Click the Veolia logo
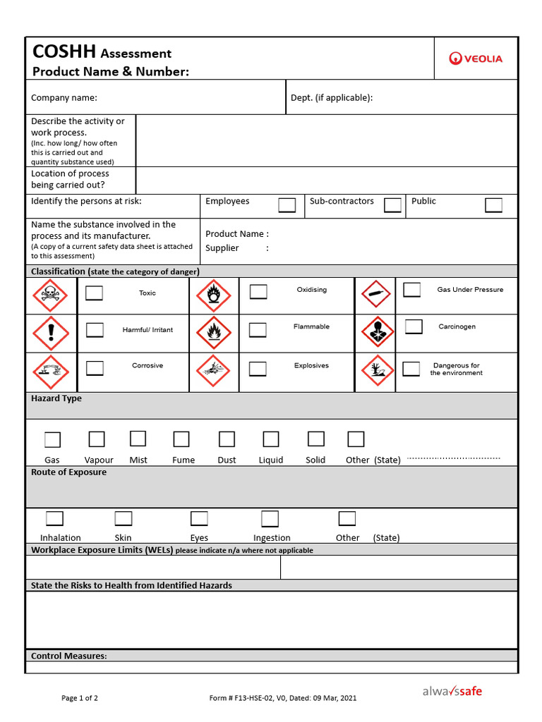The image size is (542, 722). (x=476, y=59)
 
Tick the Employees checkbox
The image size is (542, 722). (x=287, y=205)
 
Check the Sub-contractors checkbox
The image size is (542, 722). (x=392, y=205)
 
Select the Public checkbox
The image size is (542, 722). (x=493, y=205)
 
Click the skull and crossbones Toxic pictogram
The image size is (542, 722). (x=51, y=295)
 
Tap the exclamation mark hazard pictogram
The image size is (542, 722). (x=51, y=333)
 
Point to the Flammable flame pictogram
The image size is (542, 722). (x=213, y=333)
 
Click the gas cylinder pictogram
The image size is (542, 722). (x=375, y=294)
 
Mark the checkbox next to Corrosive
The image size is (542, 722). (x=95, y=368)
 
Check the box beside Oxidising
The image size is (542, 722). (x=258, y=292)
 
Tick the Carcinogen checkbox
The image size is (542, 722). (x=414, y=326)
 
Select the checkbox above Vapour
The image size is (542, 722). (x=96, y=439)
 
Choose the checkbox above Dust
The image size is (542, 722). (x=227, y=439)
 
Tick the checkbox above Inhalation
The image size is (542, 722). (x=55, y=519)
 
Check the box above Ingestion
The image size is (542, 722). (x=270, y=519)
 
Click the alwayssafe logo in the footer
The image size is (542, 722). (x=452, y=692)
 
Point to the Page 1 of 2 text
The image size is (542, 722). (x=80, y=698)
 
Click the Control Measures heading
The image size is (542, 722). (x=69, y=656)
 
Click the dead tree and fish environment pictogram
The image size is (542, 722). (x=375, y=371)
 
